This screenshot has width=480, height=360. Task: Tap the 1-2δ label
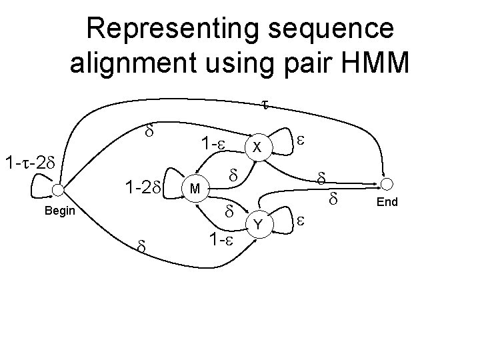click(x=141, y=187)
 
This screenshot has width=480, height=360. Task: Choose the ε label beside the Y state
click(x=301, y=221)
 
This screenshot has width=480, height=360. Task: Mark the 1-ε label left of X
click(x=215, y=144)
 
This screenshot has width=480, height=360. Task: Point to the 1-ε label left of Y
click(x=218, y=238)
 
